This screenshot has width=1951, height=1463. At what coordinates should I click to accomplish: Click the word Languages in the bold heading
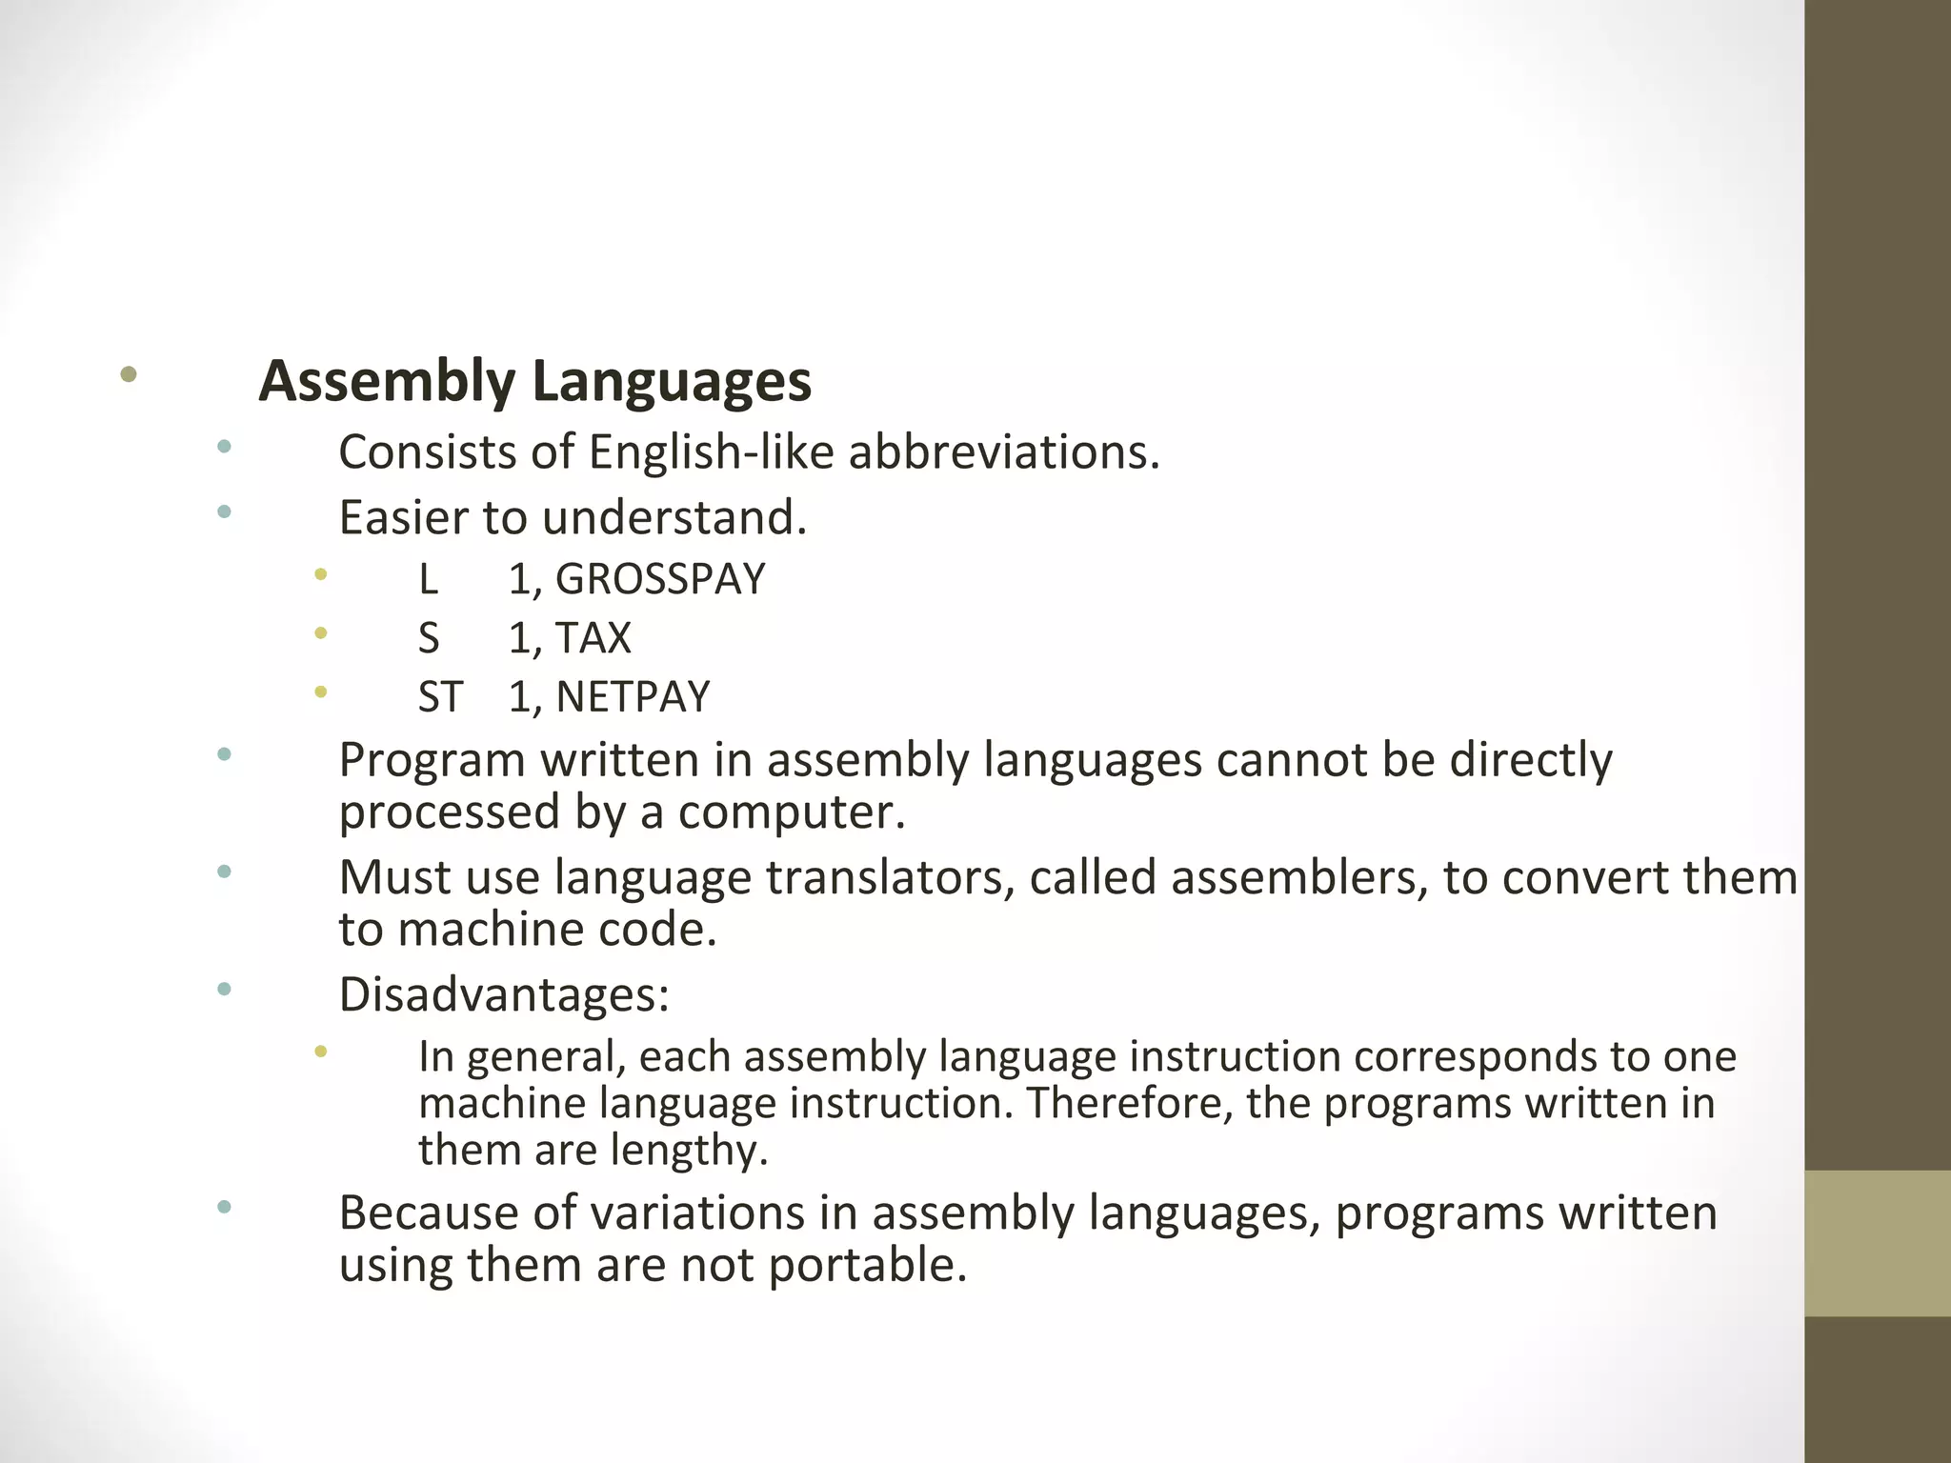point(672,381)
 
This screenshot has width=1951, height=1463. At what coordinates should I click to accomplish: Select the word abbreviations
point(1004,451)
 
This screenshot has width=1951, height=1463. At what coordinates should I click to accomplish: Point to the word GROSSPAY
point(660,579)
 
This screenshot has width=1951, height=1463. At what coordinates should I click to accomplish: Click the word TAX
point(593,638)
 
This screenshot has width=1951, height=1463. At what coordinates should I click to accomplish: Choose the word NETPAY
point(633,697)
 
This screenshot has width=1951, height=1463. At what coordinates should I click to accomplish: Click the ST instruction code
point(440,697)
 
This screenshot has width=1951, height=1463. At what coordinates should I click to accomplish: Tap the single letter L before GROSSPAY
point(428,579)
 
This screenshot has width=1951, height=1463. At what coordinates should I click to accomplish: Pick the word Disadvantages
point(504,994)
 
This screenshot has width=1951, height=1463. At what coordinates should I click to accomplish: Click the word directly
point(1531,760)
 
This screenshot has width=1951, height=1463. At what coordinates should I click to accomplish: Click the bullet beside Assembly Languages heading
point(129,374)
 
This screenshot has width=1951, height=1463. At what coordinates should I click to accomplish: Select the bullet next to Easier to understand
point(224,512)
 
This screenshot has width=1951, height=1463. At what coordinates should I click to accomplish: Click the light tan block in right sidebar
point(1877,1243)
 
